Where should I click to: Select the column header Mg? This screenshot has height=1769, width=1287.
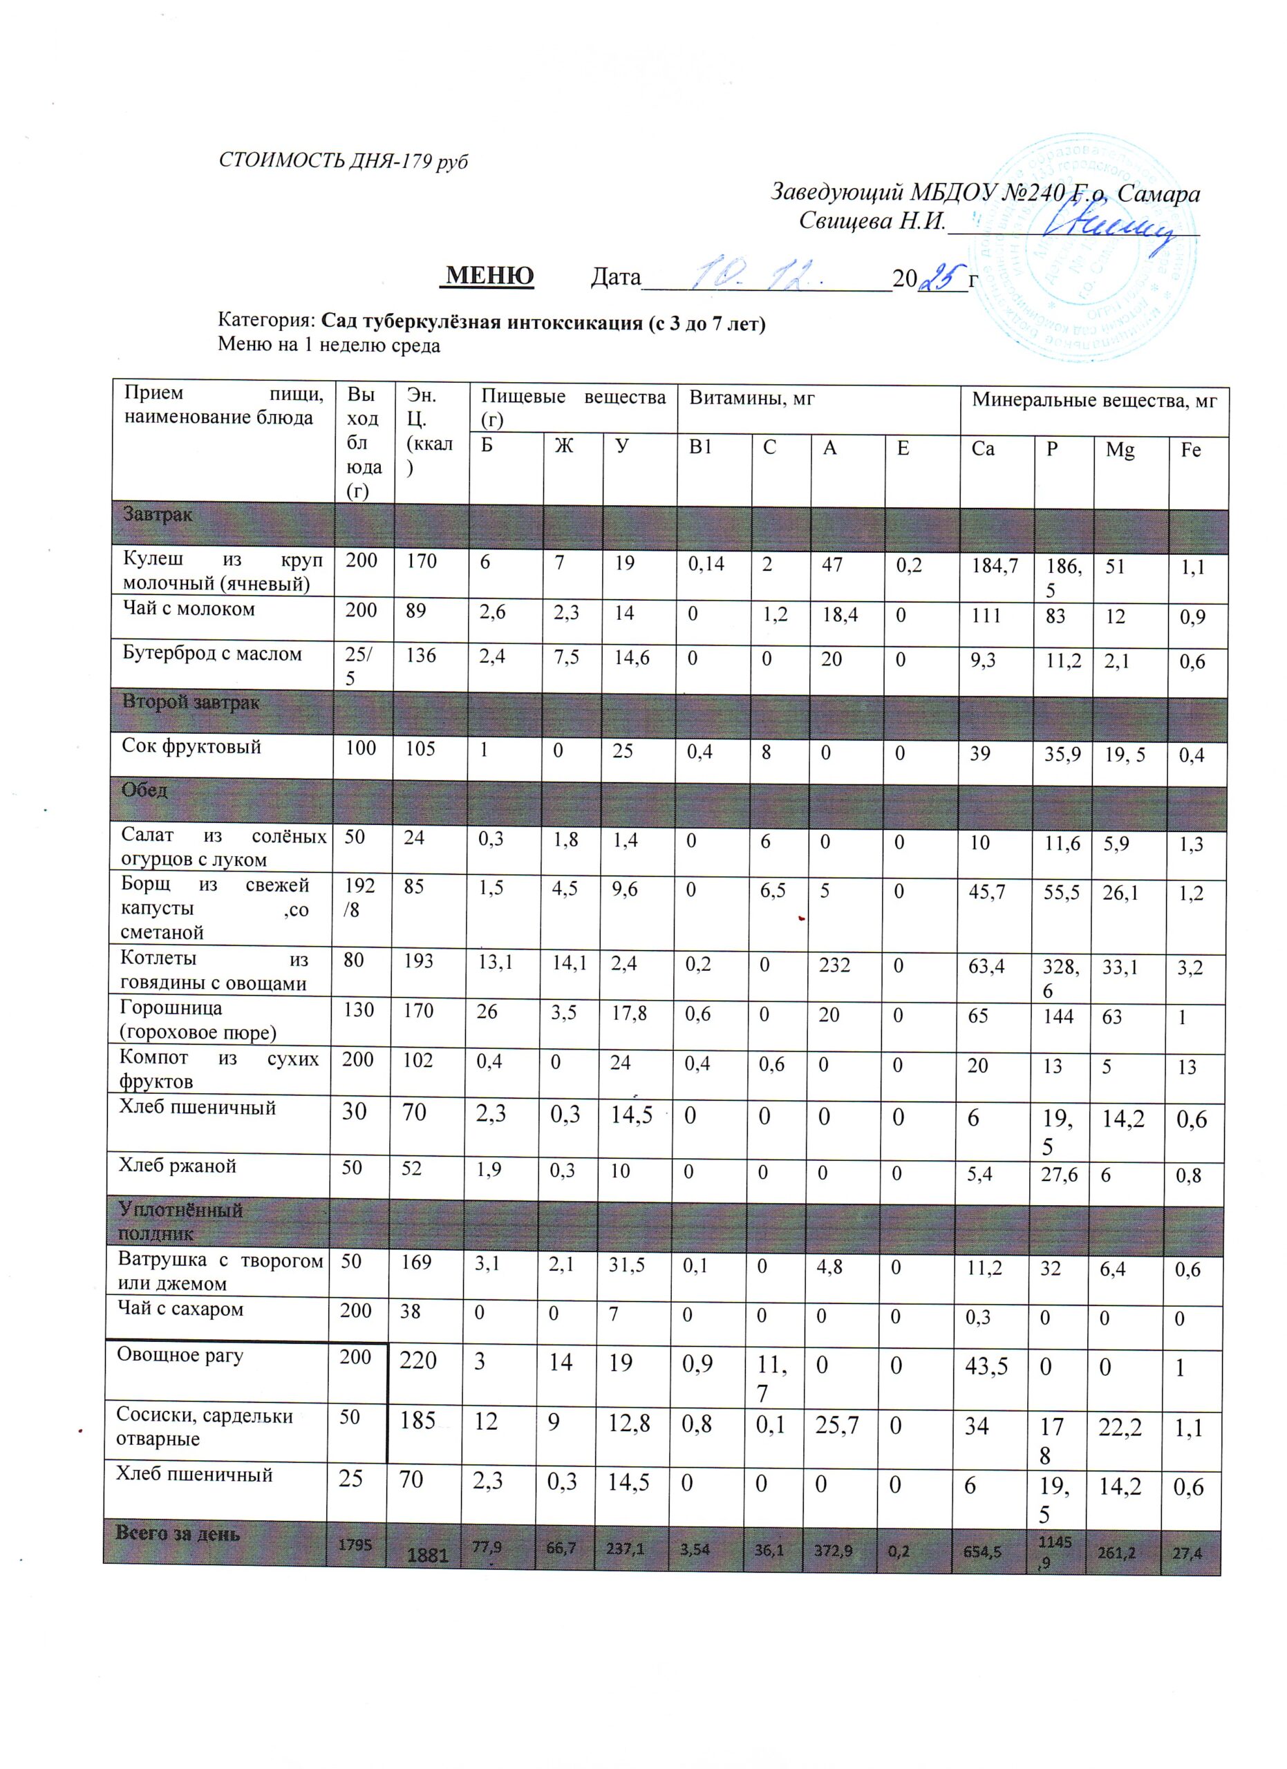1120,450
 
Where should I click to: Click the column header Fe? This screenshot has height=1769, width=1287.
1190,450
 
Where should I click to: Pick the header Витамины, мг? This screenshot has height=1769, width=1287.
751,399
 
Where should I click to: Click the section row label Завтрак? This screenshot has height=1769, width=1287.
157,515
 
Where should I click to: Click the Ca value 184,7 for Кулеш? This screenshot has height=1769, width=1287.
993,565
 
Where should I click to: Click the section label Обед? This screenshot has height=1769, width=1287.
144,789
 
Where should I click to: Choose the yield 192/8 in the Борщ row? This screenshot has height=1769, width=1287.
360,898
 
